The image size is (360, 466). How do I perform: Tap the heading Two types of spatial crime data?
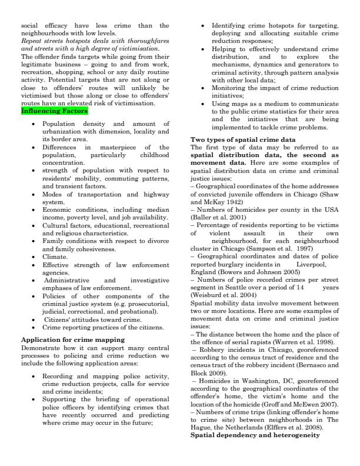click(243, 139)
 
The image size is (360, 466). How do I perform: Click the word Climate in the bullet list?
click(55, 257)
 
